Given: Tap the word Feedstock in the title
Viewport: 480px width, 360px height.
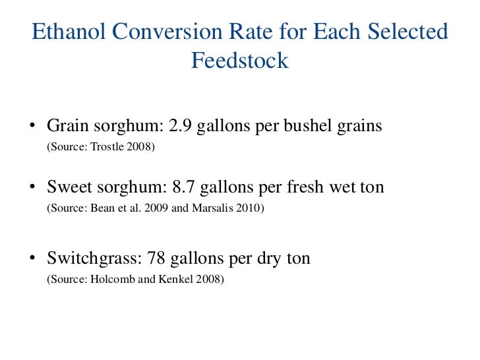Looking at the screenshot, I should click(240, 61).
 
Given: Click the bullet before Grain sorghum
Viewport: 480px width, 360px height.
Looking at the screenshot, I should click(32, 126).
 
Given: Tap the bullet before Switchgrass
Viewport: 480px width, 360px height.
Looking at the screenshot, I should click(32, 258).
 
